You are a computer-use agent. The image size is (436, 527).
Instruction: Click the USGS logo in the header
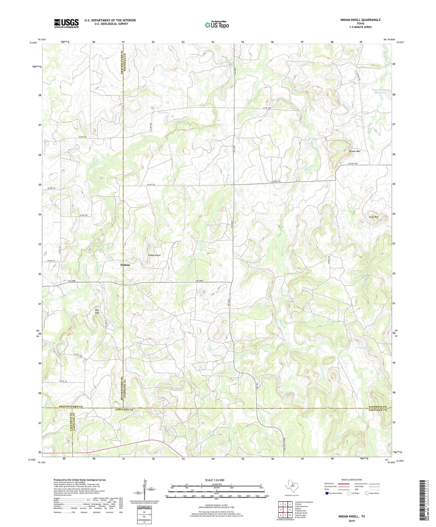click(x=66, y=23)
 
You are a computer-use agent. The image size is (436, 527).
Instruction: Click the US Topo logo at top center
click(x=217, y=25)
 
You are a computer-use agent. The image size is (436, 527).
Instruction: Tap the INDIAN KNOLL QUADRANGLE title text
click(x=360, y=20)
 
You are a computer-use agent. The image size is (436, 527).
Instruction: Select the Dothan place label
click(x=125, y=265)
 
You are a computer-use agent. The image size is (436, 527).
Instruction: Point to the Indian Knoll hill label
click(x=154, y=255)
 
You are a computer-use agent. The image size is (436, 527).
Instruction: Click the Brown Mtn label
click(x=355, y=151)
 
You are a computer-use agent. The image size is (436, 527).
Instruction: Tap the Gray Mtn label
click(x=374, y=217)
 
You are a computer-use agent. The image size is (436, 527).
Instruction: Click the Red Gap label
click(x=97, y=311)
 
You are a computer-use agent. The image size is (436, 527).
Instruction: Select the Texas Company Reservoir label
click(x=380, y=91)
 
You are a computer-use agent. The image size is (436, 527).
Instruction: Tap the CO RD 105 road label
click(x=82, y=137)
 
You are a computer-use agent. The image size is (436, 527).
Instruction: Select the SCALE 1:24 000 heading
click(x=216, y=480)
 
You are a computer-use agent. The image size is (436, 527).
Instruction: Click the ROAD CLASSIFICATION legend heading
click(x=352, y=480)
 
